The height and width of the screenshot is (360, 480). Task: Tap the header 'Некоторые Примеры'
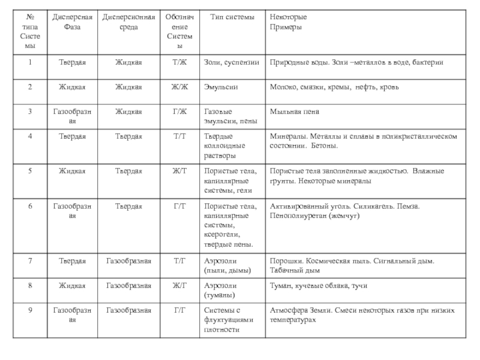[x=286, y=22]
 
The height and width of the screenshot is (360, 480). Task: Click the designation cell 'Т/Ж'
[x=180, y=62]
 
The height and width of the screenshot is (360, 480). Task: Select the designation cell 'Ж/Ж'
[x=180, y=87]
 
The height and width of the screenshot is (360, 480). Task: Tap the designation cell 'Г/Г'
[x=180, y=310]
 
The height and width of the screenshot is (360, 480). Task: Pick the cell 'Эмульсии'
[x=221, y=87]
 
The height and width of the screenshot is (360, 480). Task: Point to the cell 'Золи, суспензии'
[x=232, y=62]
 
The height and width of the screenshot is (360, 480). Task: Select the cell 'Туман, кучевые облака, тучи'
[x=319, y=286]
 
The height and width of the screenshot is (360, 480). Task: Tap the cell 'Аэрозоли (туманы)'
[x=220, y=290]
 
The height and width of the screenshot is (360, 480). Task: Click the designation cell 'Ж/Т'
[x=180, y=171]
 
